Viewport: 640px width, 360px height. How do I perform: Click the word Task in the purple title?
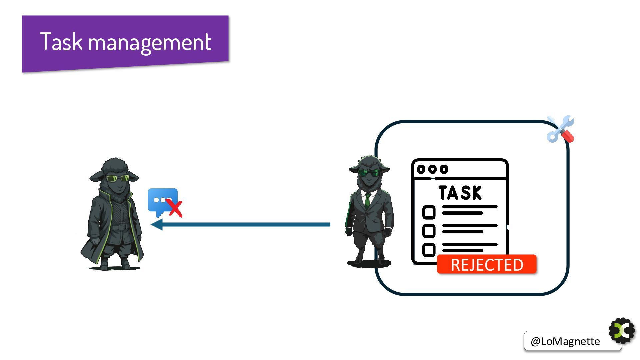coord(61,42)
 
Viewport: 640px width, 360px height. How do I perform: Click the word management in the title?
coord(150,43)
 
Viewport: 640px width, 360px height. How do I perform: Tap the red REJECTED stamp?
coord(487,265)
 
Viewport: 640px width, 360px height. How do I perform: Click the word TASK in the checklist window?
coord(460,193)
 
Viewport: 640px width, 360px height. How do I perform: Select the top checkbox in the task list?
coord(429,212)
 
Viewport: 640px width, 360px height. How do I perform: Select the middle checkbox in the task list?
coord(429,231)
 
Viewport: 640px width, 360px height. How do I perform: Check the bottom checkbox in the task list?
coord(429,250)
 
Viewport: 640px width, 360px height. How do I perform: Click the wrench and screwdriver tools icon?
coord(560,129)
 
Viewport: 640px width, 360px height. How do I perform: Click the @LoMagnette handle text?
coord(565,341)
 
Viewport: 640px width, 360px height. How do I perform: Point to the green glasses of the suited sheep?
coord(368,173)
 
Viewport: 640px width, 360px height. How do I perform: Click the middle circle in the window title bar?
coord(432,169)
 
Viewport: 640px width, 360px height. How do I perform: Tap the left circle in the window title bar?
coord(421,169)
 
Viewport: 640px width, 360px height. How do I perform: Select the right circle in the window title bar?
coord(444,169)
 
